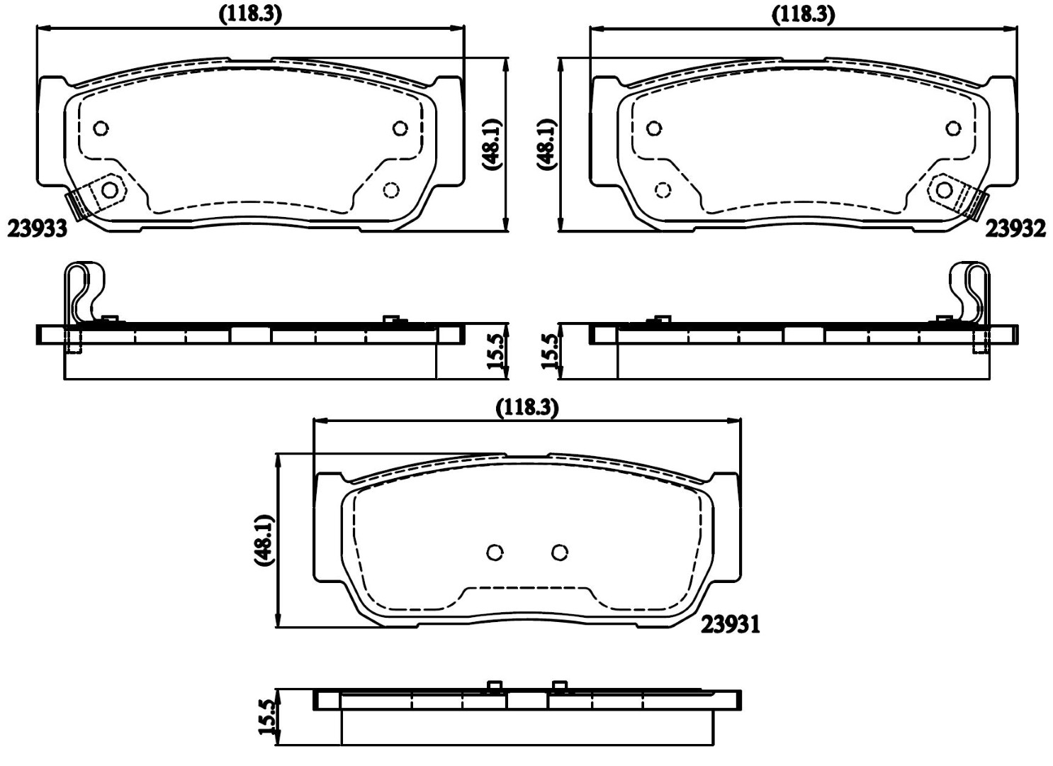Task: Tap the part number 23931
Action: [x=731, y=625]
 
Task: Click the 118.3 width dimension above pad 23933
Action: [x=251, y=16]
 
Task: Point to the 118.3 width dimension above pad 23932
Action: [x=804, y=16]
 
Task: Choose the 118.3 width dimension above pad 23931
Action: [x=527, y=407]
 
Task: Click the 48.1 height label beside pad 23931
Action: [x=265, y=540]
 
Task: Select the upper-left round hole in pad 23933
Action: [x=101, y=128]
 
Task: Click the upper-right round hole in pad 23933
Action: [x=400, y=128]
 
